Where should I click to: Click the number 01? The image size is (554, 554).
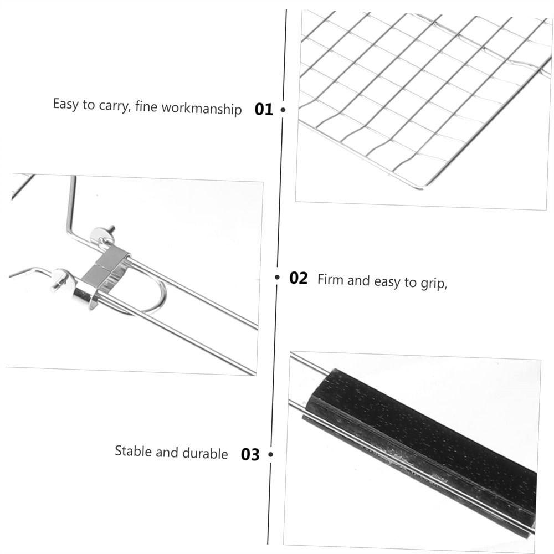coord(264,109)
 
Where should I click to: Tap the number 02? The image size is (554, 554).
coord(299,278)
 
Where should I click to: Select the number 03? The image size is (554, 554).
coord(250,455)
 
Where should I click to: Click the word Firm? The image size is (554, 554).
coord(330,279)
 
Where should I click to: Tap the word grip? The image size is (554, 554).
coord(433,284)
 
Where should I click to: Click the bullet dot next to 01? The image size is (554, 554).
coord(283,110)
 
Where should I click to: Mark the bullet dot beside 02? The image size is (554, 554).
coord(278,278)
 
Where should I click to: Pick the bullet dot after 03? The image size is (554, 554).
coord(271,455)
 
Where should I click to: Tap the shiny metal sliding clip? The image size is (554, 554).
coord(105,271)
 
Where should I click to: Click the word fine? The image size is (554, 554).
coord(146,106)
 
